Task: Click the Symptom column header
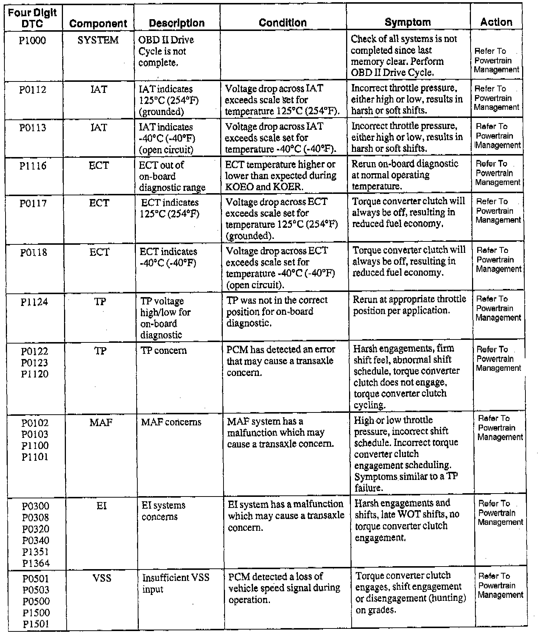coord(408,22)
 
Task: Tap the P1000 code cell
coord(32,40)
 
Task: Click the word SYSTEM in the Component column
coord(98,40)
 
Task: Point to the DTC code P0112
coord(33,90)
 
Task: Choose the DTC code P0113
coord(33,128)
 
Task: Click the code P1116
coord(33,166)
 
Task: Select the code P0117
coord(33,203)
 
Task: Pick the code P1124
coord(34,302)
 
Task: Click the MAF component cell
coord(101,422)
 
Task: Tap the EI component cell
coord(102,506)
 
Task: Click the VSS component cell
coord(102,578)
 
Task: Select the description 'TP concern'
coord(164,350)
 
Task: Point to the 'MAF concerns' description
coord(171,422)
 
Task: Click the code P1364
coord(36,563)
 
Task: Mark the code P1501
coord(36,624)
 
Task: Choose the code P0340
coord(36,540)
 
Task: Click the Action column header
coord(496,22)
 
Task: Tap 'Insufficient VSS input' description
coord(176,583)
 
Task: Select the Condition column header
coord(282,22)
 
